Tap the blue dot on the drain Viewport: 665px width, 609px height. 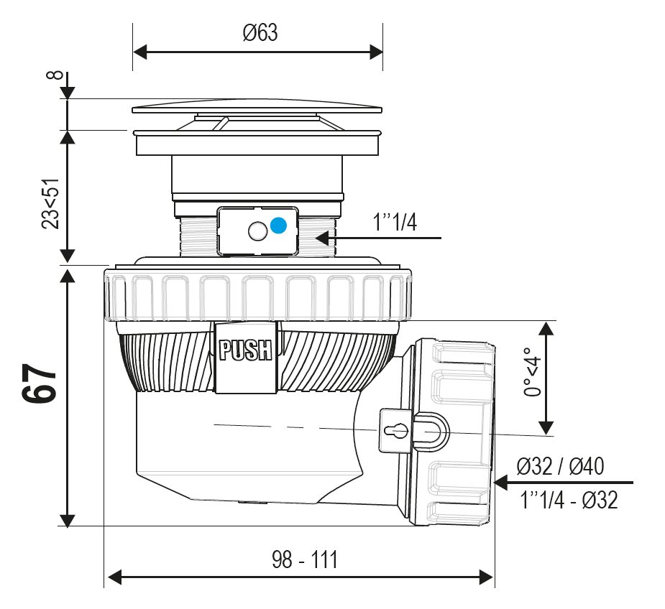click(278, 226)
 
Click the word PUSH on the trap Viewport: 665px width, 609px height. click(246, 350)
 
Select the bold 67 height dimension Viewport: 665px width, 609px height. click(41, 384)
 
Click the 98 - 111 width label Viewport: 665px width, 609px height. click(305, 559)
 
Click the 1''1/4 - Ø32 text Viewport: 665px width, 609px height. click(569, 500)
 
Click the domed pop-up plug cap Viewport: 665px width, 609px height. click(257, 107)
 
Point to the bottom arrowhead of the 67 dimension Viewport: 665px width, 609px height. click(67, 520)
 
